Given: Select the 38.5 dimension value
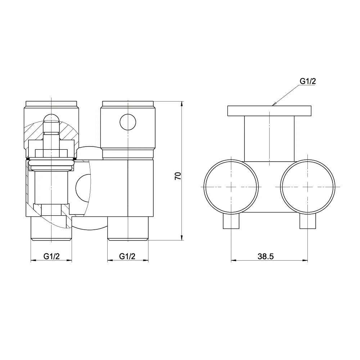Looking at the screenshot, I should (x=266, y=256).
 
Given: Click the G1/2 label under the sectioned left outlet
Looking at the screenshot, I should (x=51, y=256).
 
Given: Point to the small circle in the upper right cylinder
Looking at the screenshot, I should (x=128, y=122).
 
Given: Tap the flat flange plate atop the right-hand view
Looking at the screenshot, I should (x=269, y=111).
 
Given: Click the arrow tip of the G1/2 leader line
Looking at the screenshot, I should (x=274, y=104).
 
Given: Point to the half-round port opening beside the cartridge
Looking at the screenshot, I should (x=82, y=188).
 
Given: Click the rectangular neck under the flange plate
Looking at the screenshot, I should (x=269, y=139).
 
